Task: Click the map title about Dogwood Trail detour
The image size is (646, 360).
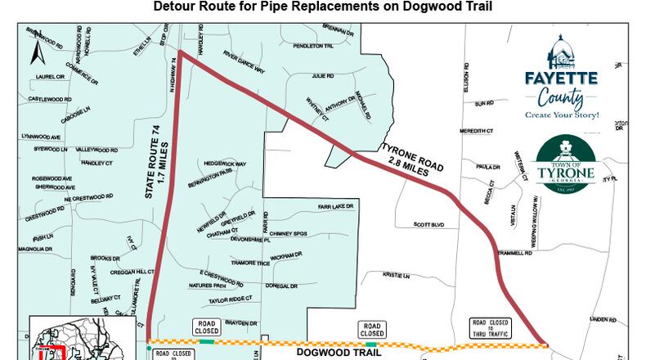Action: click(x=323, y=7)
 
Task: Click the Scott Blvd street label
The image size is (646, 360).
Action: click(x=428, y=225)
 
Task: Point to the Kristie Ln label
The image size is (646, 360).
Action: click(x=400, y=276)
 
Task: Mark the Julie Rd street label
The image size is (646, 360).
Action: click(x=322, y=76)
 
